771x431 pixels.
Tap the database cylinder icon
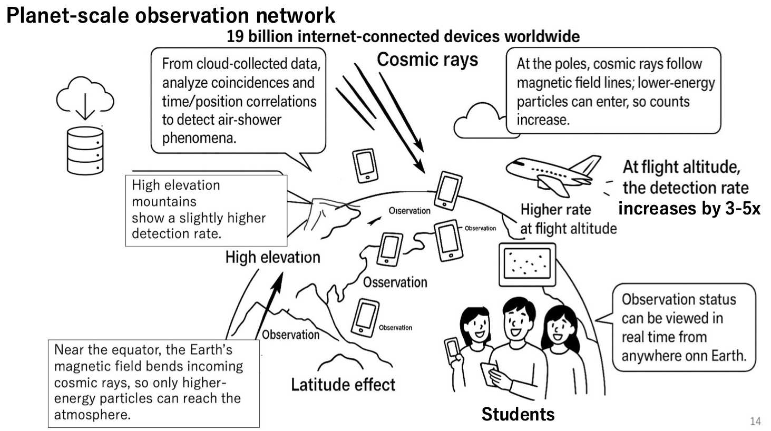(x=85, y=151)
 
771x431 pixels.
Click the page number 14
(x=755, y=421)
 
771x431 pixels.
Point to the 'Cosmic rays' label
(x=427, y=60)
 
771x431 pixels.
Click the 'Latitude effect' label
(x=343, y=385)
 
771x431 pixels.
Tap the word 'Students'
(x=518, y=414)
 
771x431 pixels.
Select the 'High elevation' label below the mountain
(x=272, y=257)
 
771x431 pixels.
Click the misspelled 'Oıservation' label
(x=409, y=211)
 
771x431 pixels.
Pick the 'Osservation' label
(x=395, y=282)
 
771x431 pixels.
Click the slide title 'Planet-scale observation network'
(x=171, y=15)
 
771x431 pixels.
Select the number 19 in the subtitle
(x=236, y=36)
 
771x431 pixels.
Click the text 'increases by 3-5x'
(x=689, y=209)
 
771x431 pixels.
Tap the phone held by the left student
(x=452, y=348)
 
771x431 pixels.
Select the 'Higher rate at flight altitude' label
(x=568, y=219)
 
